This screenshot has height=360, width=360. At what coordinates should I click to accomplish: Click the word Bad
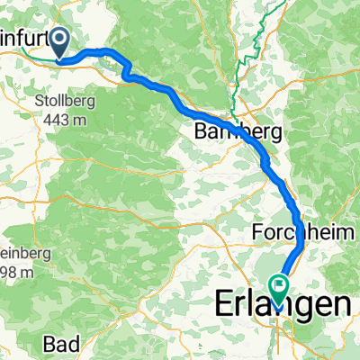click(x=61, y=343)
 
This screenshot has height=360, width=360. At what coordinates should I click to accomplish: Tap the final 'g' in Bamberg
click(x=275, y=134)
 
